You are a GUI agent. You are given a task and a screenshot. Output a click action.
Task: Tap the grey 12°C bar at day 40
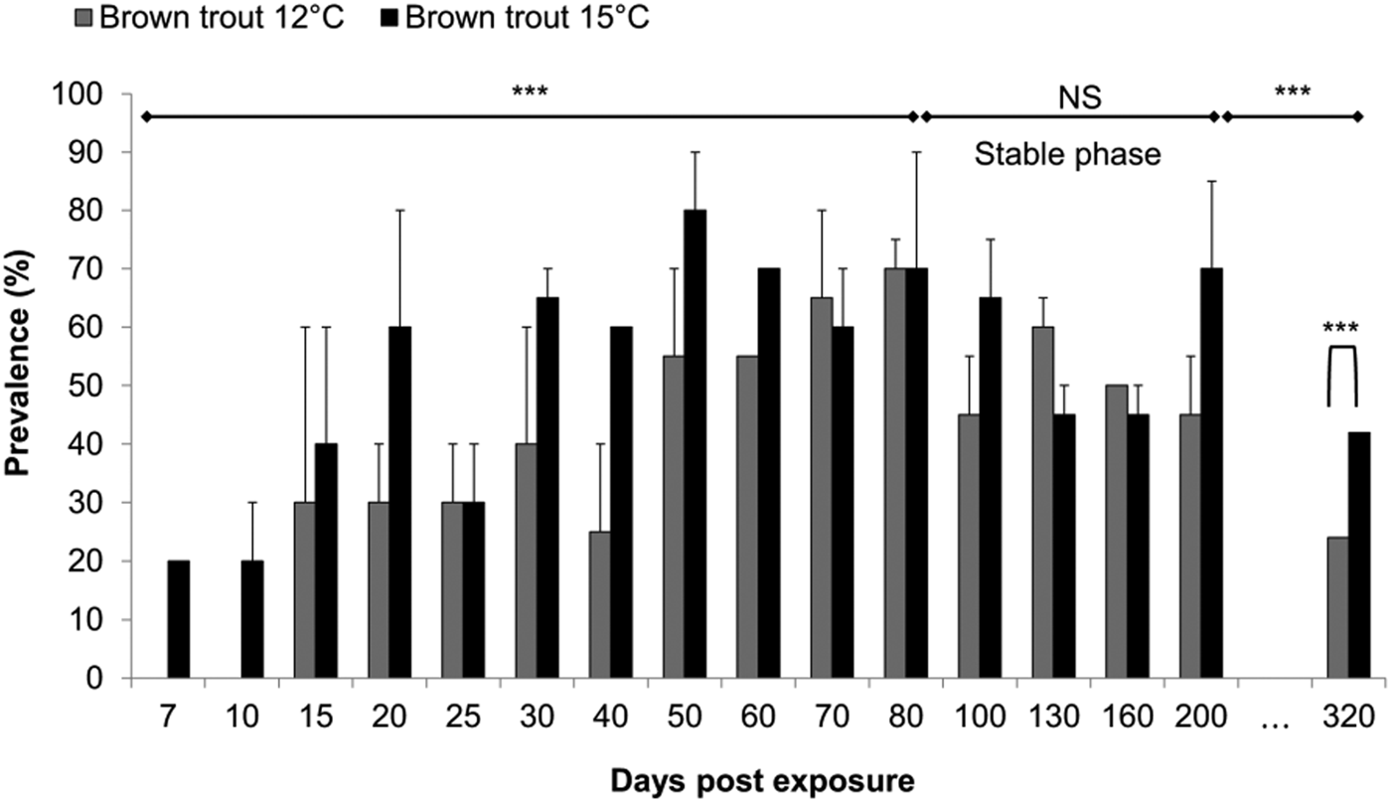pyautogui.click(x=599, y=605)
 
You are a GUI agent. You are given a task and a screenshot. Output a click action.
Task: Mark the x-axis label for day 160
pyautogui.click(x=1127, y=718)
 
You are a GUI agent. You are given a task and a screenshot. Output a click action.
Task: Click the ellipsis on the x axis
pyautogui.click(x=1274, y=718)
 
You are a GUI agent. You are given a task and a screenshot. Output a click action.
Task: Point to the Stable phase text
pyautogui.click(x=1067, y=156)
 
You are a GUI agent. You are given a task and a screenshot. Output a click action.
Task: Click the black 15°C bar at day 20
pyautogui.click(x=400, y=503)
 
